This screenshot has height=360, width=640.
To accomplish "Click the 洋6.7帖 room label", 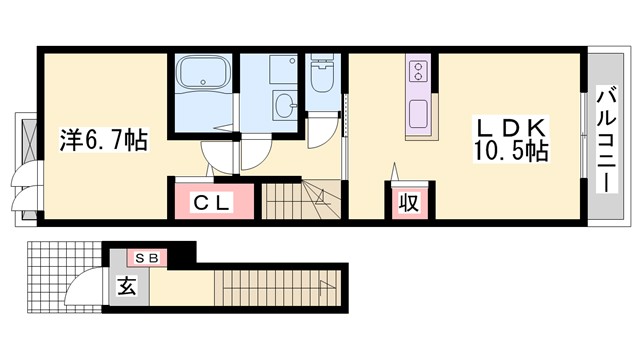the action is [104, 140].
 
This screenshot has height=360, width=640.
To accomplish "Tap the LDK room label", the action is [511, 128].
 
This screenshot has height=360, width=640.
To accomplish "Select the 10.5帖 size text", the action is [510, 151].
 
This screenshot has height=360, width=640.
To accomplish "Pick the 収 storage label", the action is [409, 202].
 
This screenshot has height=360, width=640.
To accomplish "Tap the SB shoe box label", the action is [147, 258].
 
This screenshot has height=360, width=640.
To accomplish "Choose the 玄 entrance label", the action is [127, 286].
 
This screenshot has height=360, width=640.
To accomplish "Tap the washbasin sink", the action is [285, 105].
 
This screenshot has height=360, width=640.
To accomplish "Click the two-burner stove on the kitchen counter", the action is [418, 71].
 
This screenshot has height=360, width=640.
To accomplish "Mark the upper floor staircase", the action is [301, 201].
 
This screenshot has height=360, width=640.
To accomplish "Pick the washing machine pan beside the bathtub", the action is [282, 69].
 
